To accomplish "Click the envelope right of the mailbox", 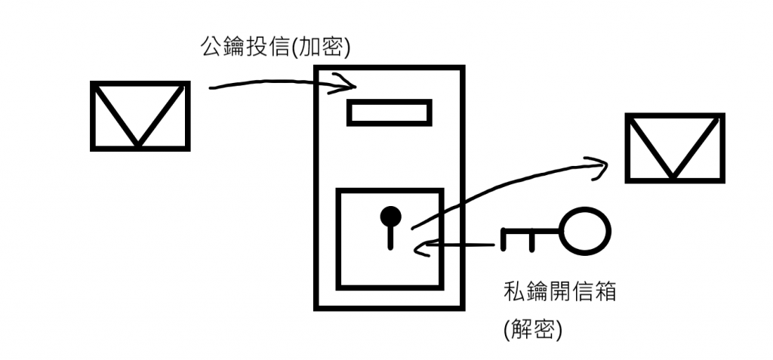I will [674, 148].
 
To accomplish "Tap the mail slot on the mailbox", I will [388, 112].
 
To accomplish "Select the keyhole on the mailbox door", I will [390, 223].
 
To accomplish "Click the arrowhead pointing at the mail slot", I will [348, 85].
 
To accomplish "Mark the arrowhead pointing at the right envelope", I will [599, 165].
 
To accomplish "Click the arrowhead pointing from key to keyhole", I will [422, 247].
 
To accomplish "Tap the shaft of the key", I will [536, 233].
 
